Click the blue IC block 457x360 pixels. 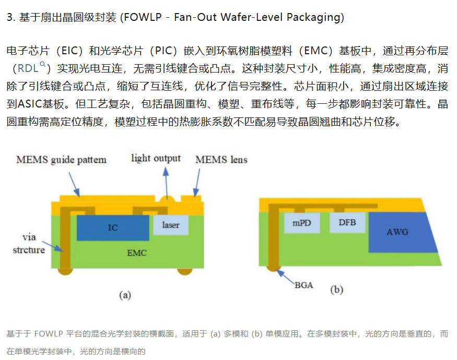click(x=113, y=228)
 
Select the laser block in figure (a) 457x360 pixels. click(x=171, y=225)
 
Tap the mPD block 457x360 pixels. click(x=302, y=223)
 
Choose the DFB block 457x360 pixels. click(x=347, y=223)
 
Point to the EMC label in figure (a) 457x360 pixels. click(x=137, y=253)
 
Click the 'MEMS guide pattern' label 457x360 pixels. click(x=61, y=160)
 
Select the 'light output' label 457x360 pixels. click(x=156, y=158)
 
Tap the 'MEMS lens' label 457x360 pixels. click(x=221, y=160)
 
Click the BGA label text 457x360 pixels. click(x=303, y=285)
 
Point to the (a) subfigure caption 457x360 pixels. click(x=125, y=295)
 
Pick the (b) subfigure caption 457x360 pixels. click(x=337, y=290)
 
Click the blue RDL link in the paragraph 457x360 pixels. click(x=28, y=68)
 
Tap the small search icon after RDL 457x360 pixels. click(x=42, y=64)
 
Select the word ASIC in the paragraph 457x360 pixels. click(x=30, y=104)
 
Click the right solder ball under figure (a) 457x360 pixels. click(x=185, y=271)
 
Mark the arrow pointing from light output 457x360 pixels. click(x=167, y=183)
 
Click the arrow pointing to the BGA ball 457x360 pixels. click(x=285, y=277)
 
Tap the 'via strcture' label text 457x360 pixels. click(x=29, y=244)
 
